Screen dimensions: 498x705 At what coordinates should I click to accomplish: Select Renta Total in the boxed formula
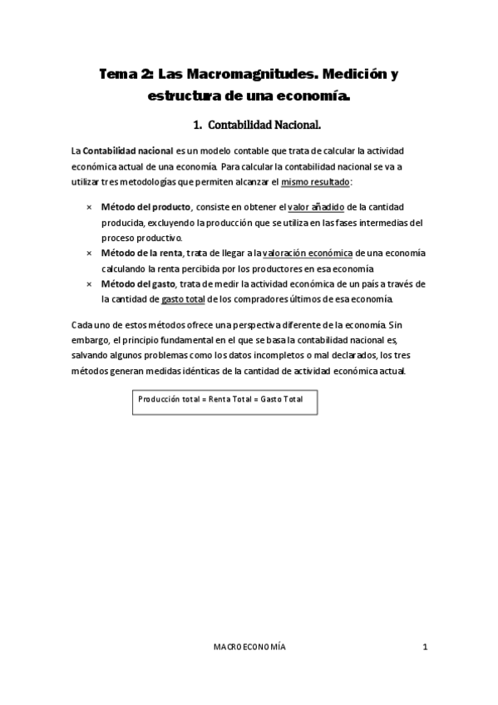point(229,399)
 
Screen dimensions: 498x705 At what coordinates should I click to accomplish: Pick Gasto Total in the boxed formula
point(282,399)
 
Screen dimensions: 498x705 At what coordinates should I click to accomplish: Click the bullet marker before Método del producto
point(89,207)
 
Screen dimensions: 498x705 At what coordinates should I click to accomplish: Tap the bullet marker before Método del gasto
point(89,283)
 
